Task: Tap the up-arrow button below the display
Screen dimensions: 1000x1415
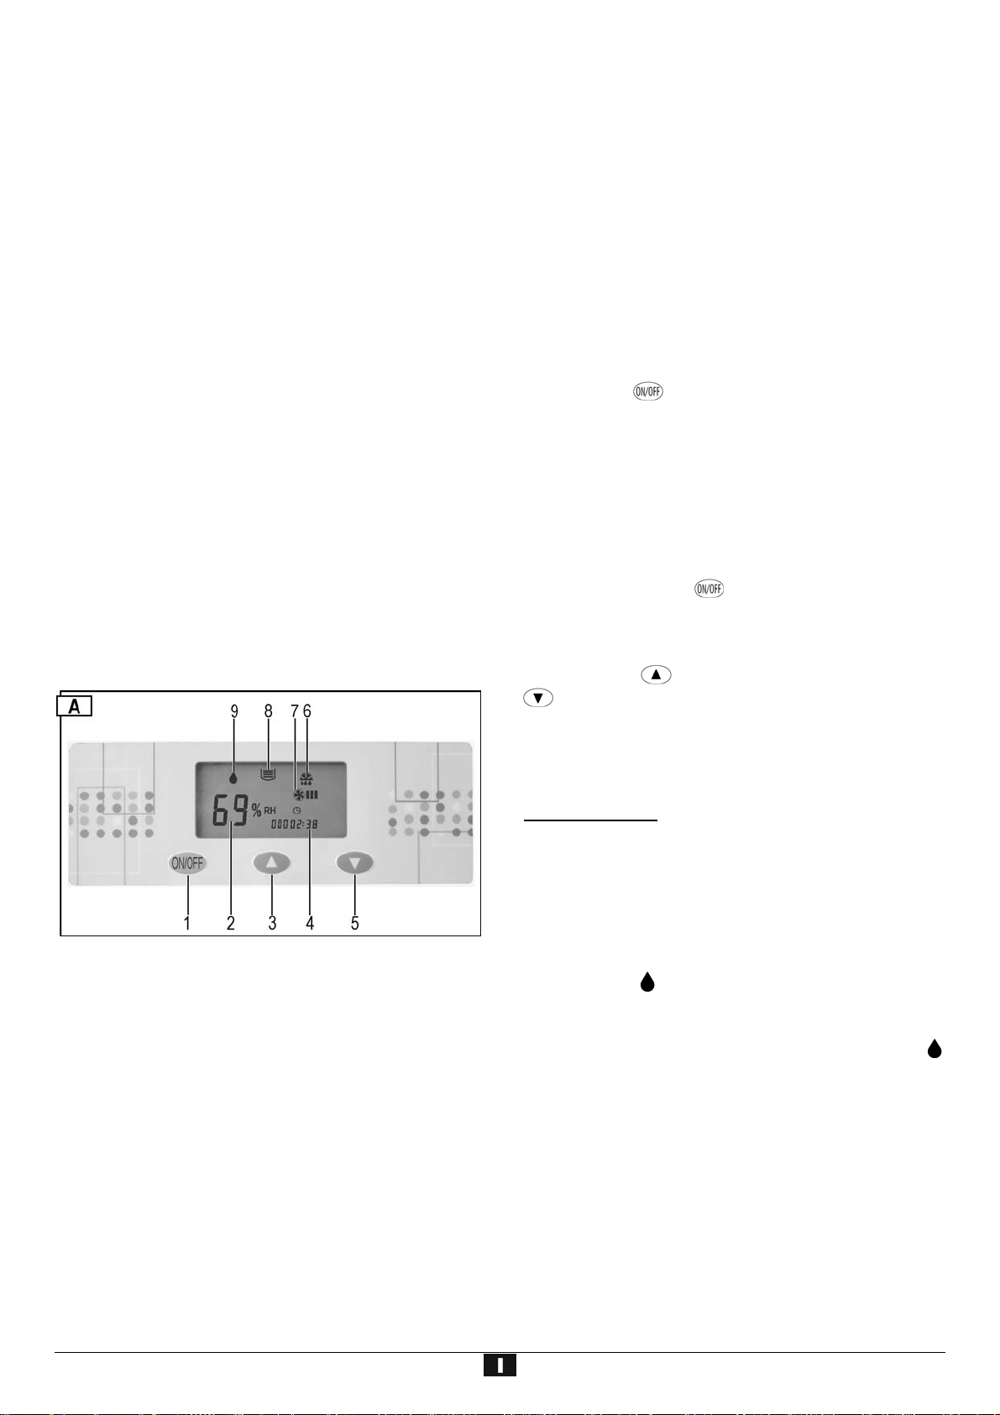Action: point(271,862)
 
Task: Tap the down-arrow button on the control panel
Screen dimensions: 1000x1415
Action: point(354,862)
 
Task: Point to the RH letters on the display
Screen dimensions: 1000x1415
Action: point(270,810)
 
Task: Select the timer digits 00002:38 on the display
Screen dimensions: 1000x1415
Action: point(294,825)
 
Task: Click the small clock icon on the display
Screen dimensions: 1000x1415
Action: point(296,810)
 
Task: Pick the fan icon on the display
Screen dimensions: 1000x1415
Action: point(298,794)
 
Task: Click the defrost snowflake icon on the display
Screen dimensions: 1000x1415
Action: point(307,778)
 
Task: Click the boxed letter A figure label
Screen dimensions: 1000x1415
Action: point(75,706)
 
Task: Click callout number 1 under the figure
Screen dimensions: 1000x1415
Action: point(187,923)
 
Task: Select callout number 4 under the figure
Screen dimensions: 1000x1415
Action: point(310,923)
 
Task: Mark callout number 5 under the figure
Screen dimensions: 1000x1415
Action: point(355,923)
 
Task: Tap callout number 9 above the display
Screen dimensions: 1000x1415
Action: point(234,711)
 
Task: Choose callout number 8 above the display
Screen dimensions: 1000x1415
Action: point(269,711)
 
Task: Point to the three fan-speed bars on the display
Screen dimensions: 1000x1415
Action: point(312,794)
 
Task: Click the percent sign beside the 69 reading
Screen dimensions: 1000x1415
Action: point(257,810)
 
